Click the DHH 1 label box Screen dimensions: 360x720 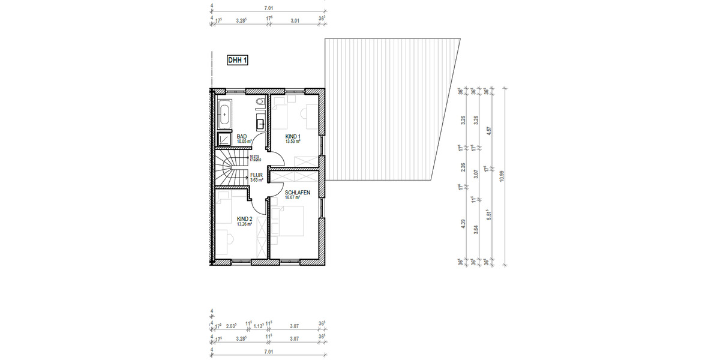point(238,60)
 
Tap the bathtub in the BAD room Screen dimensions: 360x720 point(224,114)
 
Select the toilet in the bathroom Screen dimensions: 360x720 point(260,104)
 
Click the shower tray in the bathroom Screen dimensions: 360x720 point(224,139)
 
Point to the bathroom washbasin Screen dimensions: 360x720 point(260,124)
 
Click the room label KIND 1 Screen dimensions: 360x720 point(292,137)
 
